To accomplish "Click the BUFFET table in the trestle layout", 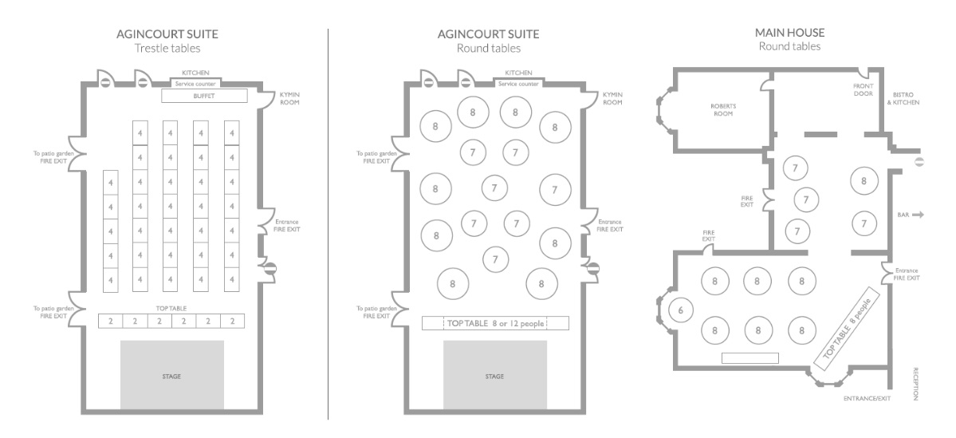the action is tap(204, 96).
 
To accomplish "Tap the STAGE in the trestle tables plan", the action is tap(172, 374).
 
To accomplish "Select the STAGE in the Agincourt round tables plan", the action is tap(495, 374).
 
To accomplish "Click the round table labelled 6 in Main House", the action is tap(681, 310).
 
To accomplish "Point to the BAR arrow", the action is tap(919, 215).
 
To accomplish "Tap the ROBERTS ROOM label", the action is tap(723, 110).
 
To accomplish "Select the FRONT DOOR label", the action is tap(863, 89).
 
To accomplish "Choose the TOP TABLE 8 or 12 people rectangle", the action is tap(495, 323).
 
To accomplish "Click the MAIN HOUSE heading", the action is tap(789, 33).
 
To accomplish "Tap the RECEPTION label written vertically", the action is tap(915, 384).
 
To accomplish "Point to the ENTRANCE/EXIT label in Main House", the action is tap(867, 398).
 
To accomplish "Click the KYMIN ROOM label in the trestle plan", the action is tap(289, 98).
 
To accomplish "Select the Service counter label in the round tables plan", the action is tap(519, 84).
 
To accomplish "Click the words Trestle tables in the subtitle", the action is tap(167, 48).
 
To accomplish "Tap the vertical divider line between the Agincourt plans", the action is tap(328, 224).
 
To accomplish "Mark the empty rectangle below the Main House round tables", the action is tap(750, 358).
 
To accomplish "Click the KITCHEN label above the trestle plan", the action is tap(195, 73).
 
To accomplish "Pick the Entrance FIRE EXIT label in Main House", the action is tap(907, 274).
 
